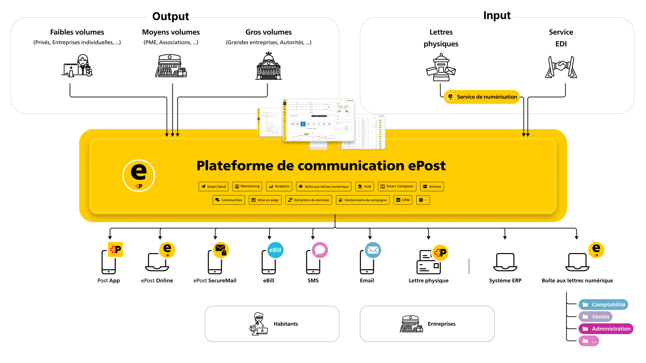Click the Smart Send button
click(x=213, y=186)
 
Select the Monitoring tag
click(x=247, y=186)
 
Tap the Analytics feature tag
click(x=279, y=186)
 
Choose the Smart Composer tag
click(x=397, y=186)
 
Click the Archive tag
click(x=432, y=186)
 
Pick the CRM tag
click(x=403, y=200)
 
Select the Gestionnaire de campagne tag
click(x=362, y=200)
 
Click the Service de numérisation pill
click(x=482, y=97)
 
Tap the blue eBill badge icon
click(x=275, y=250)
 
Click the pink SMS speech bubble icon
click(x=320, y=250)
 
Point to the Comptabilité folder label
click(x=603, y=305)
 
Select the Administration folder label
click(x=606, y=329)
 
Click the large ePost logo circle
click(x=139, y=175)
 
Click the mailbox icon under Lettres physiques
click(x=441, y=68)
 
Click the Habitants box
click(x=272, y=324)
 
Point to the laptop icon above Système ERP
click(x=505, y=262)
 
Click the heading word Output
click(x=171, y=16)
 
